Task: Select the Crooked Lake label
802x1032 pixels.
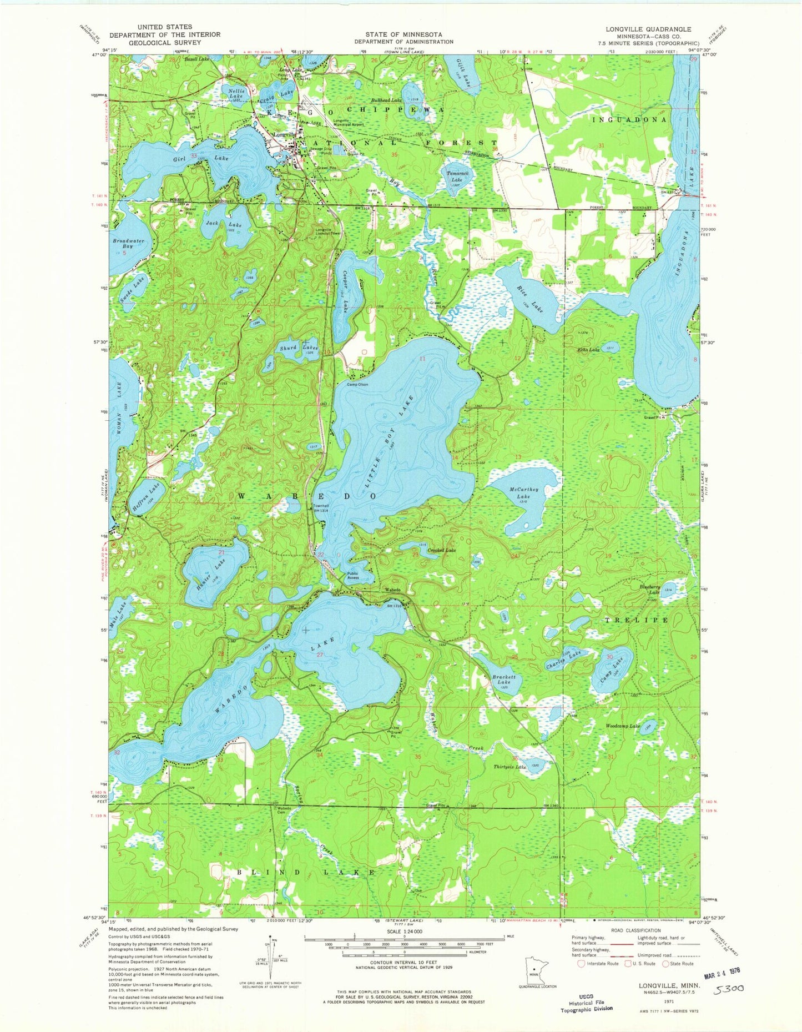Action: point(442,550)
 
